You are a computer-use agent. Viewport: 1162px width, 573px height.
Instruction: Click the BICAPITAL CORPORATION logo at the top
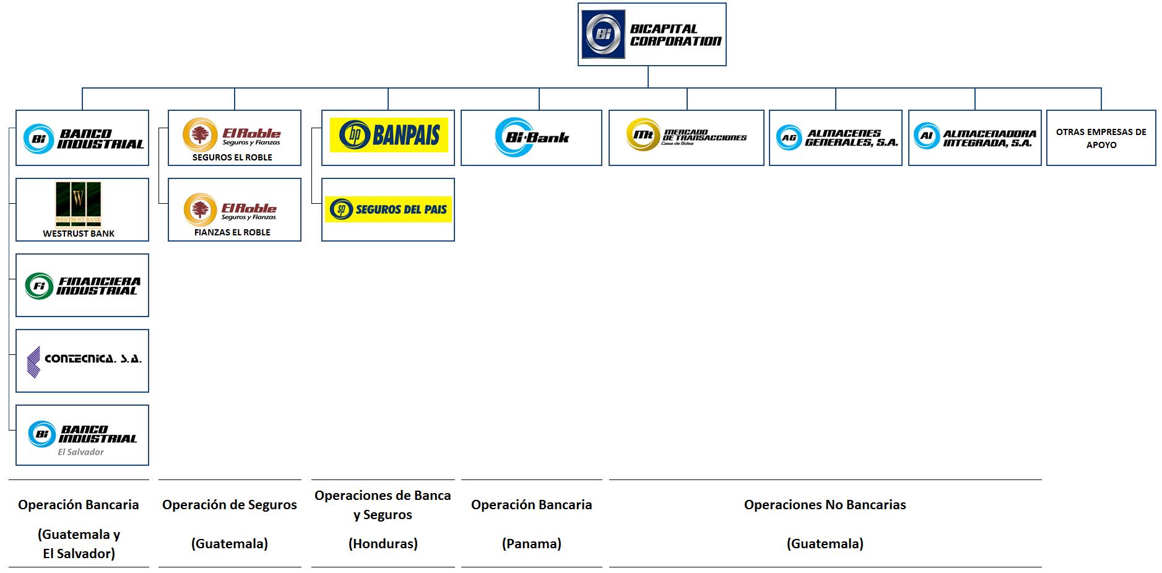click(x=651, y=34)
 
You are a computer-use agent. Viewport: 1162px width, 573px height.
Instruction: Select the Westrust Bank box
click(x=82, y=209)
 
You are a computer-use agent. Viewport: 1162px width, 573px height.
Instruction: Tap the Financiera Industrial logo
click(x=82, y=286)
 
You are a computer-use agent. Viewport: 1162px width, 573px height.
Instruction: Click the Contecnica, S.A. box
click(x=82, y=361)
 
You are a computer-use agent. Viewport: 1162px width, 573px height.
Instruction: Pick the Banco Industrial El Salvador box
click(x=82, y=435)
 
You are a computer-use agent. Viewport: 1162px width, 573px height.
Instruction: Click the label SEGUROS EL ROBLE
click(x=232, y=157)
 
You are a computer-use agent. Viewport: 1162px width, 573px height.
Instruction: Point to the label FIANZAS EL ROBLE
click(x=232, y=232)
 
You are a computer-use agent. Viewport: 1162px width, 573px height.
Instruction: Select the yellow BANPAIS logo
click(x=388, y=135)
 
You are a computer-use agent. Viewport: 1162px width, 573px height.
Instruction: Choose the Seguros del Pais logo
click(x=388, y=209)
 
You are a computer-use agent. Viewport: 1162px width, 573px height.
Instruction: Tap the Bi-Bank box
click(x=531, y=138)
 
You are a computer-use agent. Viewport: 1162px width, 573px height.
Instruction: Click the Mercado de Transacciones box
click(x=686, y=138)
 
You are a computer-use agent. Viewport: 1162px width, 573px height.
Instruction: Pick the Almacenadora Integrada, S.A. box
click(x=974, y=138)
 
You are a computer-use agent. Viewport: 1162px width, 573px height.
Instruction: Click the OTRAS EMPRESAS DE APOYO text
click(x=1101, y=138)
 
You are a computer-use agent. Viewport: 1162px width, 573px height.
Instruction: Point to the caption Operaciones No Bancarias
click(x=825, y=505)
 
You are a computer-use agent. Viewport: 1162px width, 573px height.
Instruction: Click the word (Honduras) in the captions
click(x=383, y=544)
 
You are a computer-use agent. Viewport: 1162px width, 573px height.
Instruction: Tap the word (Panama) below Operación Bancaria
click(x=531, y=544)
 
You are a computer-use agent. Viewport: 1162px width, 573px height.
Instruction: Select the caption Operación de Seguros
click(x=230, y=505)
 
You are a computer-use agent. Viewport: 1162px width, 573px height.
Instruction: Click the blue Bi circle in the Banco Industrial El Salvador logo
click(x=42, y=434)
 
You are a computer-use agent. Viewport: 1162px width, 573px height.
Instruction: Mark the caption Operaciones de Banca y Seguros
click(x=383, y=505)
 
